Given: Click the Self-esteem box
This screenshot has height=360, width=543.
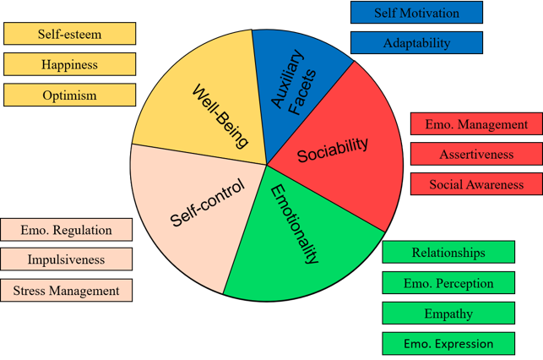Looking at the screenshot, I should coord(69,34).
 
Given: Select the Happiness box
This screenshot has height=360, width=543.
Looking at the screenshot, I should coord(69,64).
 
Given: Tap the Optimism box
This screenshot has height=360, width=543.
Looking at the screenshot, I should coord(69,95).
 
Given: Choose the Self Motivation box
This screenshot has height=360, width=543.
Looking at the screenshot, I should coord(416,13).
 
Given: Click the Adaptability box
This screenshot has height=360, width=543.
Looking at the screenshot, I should coord(416,43).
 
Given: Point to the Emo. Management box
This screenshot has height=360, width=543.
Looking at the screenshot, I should coord(476,124).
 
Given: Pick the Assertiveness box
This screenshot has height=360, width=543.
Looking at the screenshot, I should coord(476,155).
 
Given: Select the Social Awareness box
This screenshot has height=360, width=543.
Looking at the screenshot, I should coord(476,184).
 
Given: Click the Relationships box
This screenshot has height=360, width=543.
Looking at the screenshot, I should coord(448,253).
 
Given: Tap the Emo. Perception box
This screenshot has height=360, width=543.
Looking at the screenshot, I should coord(448,283).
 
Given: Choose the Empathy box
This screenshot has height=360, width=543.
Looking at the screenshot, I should coord(448,314).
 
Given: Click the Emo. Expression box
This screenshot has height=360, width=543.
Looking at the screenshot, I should coord(448,344).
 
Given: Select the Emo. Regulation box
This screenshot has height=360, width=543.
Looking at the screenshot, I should coord(67,230).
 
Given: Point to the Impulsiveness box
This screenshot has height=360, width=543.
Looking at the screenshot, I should coord(67,259).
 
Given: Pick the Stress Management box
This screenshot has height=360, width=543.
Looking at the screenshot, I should coord(67,291).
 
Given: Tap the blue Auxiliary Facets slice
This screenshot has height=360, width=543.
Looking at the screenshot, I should coord(296,80).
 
